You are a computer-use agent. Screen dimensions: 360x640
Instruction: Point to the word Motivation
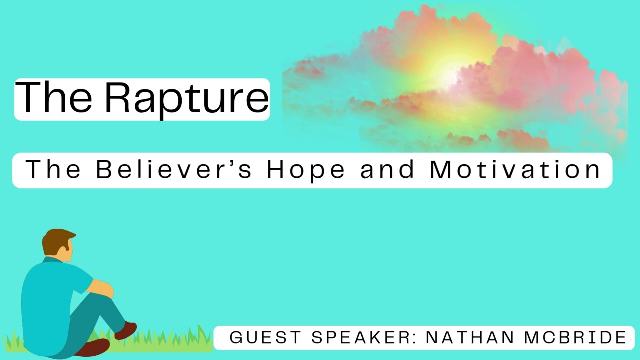click(x=515, y=170)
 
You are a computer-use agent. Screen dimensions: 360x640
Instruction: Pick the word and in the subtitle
click(x=388, y=170)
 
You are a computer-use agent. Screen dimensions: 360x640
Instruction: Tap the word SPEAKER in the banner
click(x=362, y=337)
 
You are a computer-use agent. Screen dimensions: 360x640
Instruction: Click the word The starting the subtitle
click(x=53, y=170)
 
